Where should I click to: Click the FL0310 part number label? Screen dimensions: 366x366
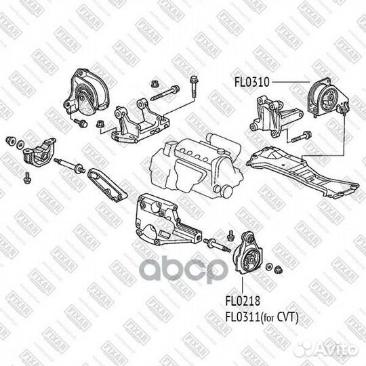pos(252,83)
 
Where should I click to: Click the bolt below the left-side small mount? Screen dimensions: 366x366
pos(26,177)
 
